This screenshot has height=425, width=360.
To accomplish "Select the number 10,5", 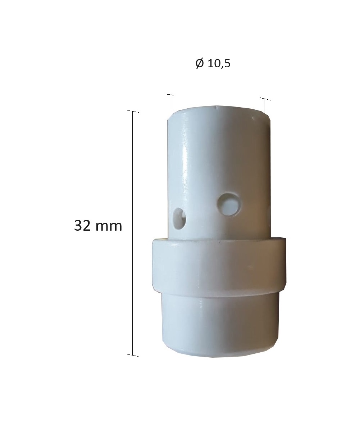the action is click(x=219, y=64).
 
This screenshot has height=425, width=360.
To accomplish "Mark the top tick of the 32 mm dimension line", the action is click(x=133, y=111).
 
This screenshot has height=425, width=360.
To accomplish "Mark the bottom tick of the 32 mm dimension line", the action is click(x=133, y=355).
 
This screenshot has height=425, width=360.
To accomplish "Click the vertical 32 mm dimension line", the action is click(x=133, y=233).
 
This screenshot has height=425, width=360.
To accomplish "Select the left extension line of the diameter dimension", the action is click(x=171, y=105).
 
